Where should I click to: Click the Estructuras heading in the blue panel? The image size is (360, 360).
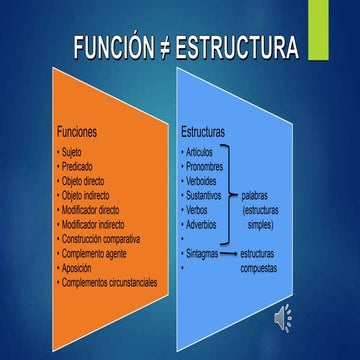tap(203, 132)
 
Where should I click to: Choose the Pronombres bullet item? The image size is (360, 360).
tap(210, 167)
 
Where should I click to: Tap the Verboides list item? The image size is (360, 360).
tap(206, 182)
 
